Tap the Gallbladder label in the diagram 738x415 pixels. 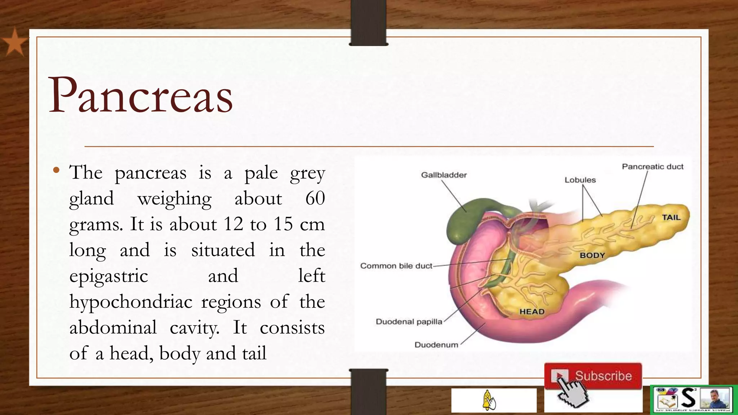(444, 175)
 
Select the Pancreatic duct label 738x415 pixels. (652, 167)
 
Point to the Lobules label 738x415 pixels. (580, 180)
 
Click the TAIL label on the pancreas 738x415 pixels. (671, 218)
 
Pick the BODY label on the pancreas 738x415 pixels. (592, 255)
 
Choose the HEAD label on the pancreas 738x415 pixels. (532, 312)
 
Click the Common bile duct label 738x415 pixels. (396, 266)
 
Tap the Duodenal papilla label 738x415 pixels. (409, 322)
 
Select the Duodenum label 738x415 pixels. (436, 345)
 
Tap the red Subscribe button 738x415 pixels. (593, 376)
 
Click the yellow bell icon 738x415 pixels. (489, 400)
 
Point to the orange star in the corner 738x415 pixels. (14, 43)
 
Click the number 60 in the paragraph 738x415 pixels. (315, 198)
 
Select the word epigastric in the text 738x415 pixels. (108, 276)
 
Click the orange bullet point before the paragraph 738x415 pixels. (55, 170)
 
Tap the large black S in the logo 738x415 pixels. (688, 398)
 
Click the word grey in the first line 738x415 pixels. (307, 173)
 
